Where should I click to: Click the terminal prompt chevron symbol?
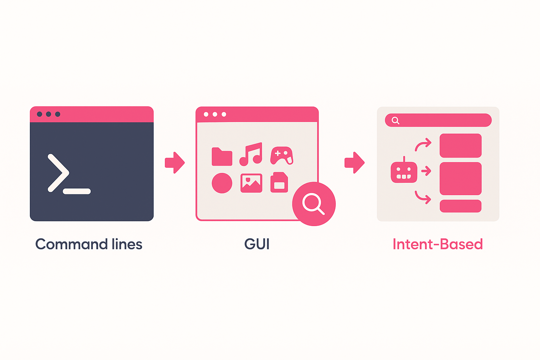click(x=58, y=173)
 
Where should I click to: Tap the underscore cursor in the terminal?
click(x=77, y=192)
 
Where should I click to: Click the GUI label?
click(x=257, y=244)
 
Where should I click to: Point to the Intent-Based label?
click(x=438, y=244)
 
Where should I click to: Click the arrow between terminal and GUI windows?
click(x=175, y=163)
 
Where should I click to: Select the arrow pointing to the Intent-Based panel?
click(x=354, y=163)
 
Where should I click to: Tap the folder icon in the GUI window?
click(x=222, y=157)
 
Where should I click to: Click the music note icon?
click(x=251, y=154)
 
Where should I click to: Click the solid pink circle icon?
click(x=222, y=183)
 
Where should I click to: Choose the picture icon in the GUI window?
click(x=251, y=183)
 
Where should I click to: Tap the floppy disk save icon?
click(x=279, y=182)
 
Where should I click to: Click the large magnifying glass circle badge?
click(x=314, y=204)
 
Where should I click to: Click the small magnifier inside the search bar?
click(x=396, y=121)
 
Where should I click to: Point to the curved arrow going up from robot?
click(x=423, y=144)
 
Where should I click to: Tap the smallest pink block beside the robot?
click(x=461, y=206)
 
